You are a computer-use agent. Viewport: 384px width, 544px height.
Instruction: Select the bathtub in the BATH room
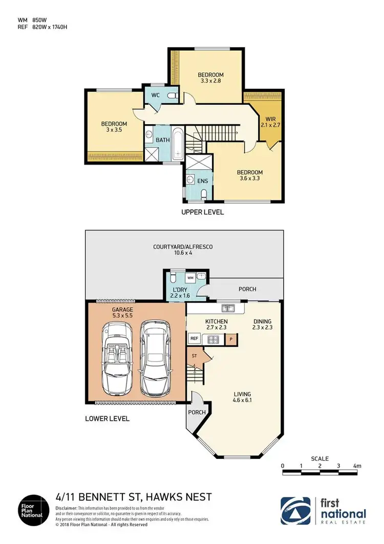point(177,143)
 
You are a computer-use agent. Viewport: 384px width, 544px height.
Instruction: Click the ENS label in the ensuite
point(203,180)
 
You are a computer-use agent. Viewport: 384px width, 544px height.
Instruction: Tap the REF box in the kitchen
point(194,338)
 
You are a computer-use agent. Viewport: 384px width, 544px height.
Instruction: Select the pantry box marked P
point(231,338)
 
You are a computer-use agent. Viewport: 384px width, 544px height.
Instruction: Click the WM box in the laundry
point(190,277)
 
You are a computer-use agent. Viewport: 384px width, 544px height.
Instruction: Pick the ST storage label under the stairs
point(194,355)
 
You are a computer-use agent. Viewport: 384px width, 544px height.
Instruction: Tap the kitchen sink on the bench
point(228,308)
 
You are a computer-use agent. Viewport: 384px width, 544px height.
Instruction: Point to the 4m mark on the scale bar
point(356,466)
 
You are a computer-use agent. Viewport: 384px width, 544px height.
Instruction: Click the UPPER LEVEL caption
point(203,212)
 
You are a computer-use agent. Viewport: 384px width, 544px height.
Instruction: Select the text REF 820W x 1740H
point(42,27)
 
